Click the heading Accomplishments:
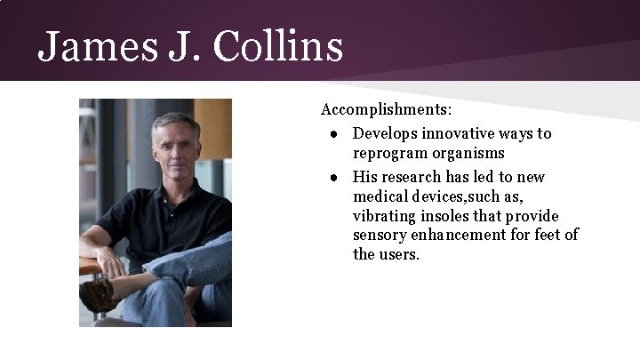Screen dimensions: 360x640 [386, 111]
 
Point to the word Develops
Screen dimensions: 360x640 [384, 134]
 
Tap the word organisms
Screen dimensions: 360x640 [468, 155]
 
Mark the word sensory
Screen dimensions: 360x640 [380, 235]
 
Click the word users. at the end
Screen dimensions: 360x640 [398, 255]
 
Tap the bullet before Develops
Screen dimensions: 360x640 [331, 134]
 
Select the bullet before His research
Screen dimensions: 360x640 [331, 176]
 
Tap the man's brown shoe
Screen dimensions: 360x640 [97, 293]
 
